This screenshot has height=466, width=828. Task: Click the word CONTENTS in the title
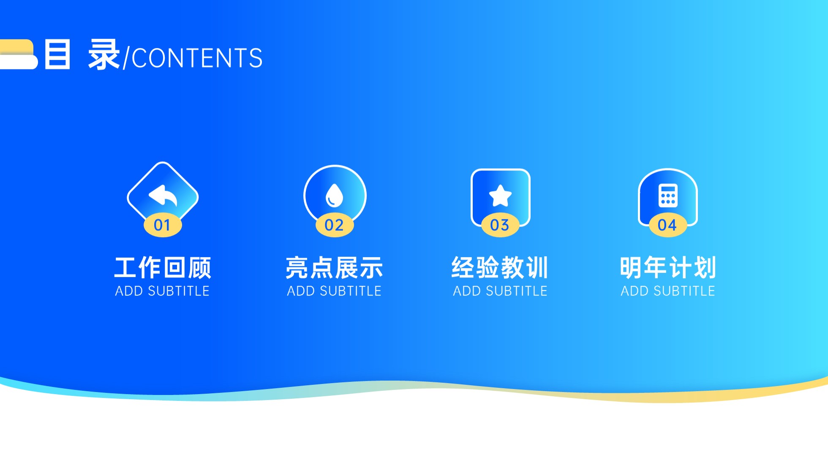[197, 58]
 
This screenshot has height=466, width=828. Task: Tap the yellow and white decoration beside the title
[19, 54]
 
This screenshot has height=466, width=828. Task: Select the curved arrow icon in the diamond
[163, 195]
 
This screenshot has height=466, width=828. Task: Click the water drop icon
[334, 195]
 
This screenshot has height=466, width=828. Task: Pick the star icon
[500, 196]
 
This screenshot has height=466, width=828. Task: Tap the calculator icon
[668, 195]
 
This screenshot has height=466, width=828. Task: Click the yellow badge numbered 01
[163, 225]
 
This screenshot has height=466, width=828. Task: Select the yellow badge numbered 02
[335, 225]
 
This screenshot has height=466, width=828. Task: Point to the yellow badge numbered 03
[500, 225]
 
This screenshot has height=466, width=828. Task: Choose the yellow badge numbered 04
[668, 225]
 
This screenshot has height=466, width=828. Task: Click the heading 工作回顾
[163, 268]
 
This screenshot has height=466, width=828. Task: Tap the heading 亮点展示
[334, 268]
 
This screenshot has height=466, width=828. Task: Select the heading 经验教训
[500, 268]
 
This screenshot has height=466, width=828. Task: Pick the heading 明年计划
[668, 268]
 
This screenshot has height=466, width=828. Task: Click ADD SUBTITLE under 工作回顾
[163, 291]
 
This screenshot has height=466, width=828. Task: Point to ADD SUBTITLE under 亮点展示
[334, 291]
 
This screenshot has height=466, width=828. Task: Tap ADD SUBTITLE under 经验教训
[500, 291]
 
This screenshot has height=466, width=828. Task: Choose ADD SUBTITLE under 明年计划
[668, 291]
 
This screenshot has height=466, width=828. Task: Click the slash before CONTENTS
[126, 58]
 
